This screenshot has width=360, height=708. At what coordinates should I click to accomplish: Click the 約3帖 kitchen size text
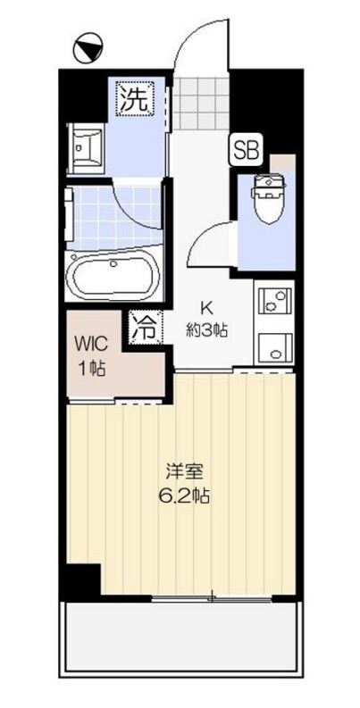(x=206, y=329)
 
